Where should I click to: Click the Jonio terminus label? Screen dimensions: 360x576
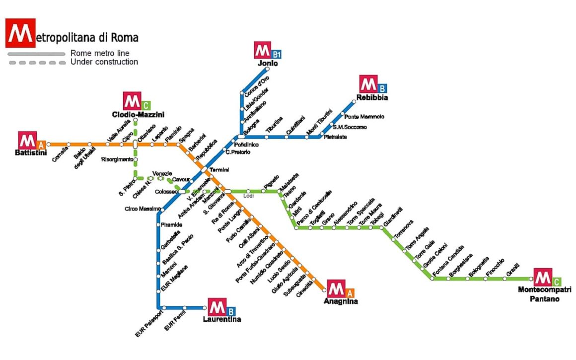click(x=268, y=64)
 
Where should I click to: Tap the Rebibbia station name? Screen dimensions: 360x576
click(x=372, y=98)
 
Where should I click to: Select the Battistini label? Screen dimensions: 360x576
click(x=30, y=153)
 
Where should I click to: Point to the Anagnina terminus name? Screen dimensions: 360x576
click(x=340, y=301)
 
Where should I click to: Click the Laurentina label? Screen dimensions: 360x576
click(x=222, y=319)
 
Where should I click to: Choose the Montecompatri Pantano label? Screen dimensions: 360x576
click(x=545, y=294)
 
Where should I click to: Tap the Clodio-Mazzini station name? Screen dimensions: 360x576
click(x=138, y=115)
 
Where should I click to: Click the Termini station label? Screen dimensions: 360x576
click(x=219, y=170)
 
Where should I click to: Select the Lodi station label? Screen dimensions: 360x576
click(x=249, y=196)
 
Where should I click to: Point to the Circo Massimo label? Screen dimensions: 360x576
click(x=143, y=209)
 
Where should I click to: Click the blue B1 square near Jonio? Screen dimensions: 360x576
click(x=277, y=54)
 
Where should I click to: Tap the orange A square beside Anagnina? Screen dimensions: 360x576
click(x=350, y=292)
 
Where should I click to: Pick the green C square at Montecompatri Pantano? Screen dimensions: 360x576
click(x=557, y=281)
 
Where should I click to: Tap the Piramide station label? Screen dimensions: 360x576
click(x=172, y=225)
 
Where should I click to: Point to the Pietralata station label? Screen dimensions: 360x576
click(x=336, y=137)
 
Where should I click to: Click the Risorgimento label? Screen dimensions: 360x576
click(x=117, y=159)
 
